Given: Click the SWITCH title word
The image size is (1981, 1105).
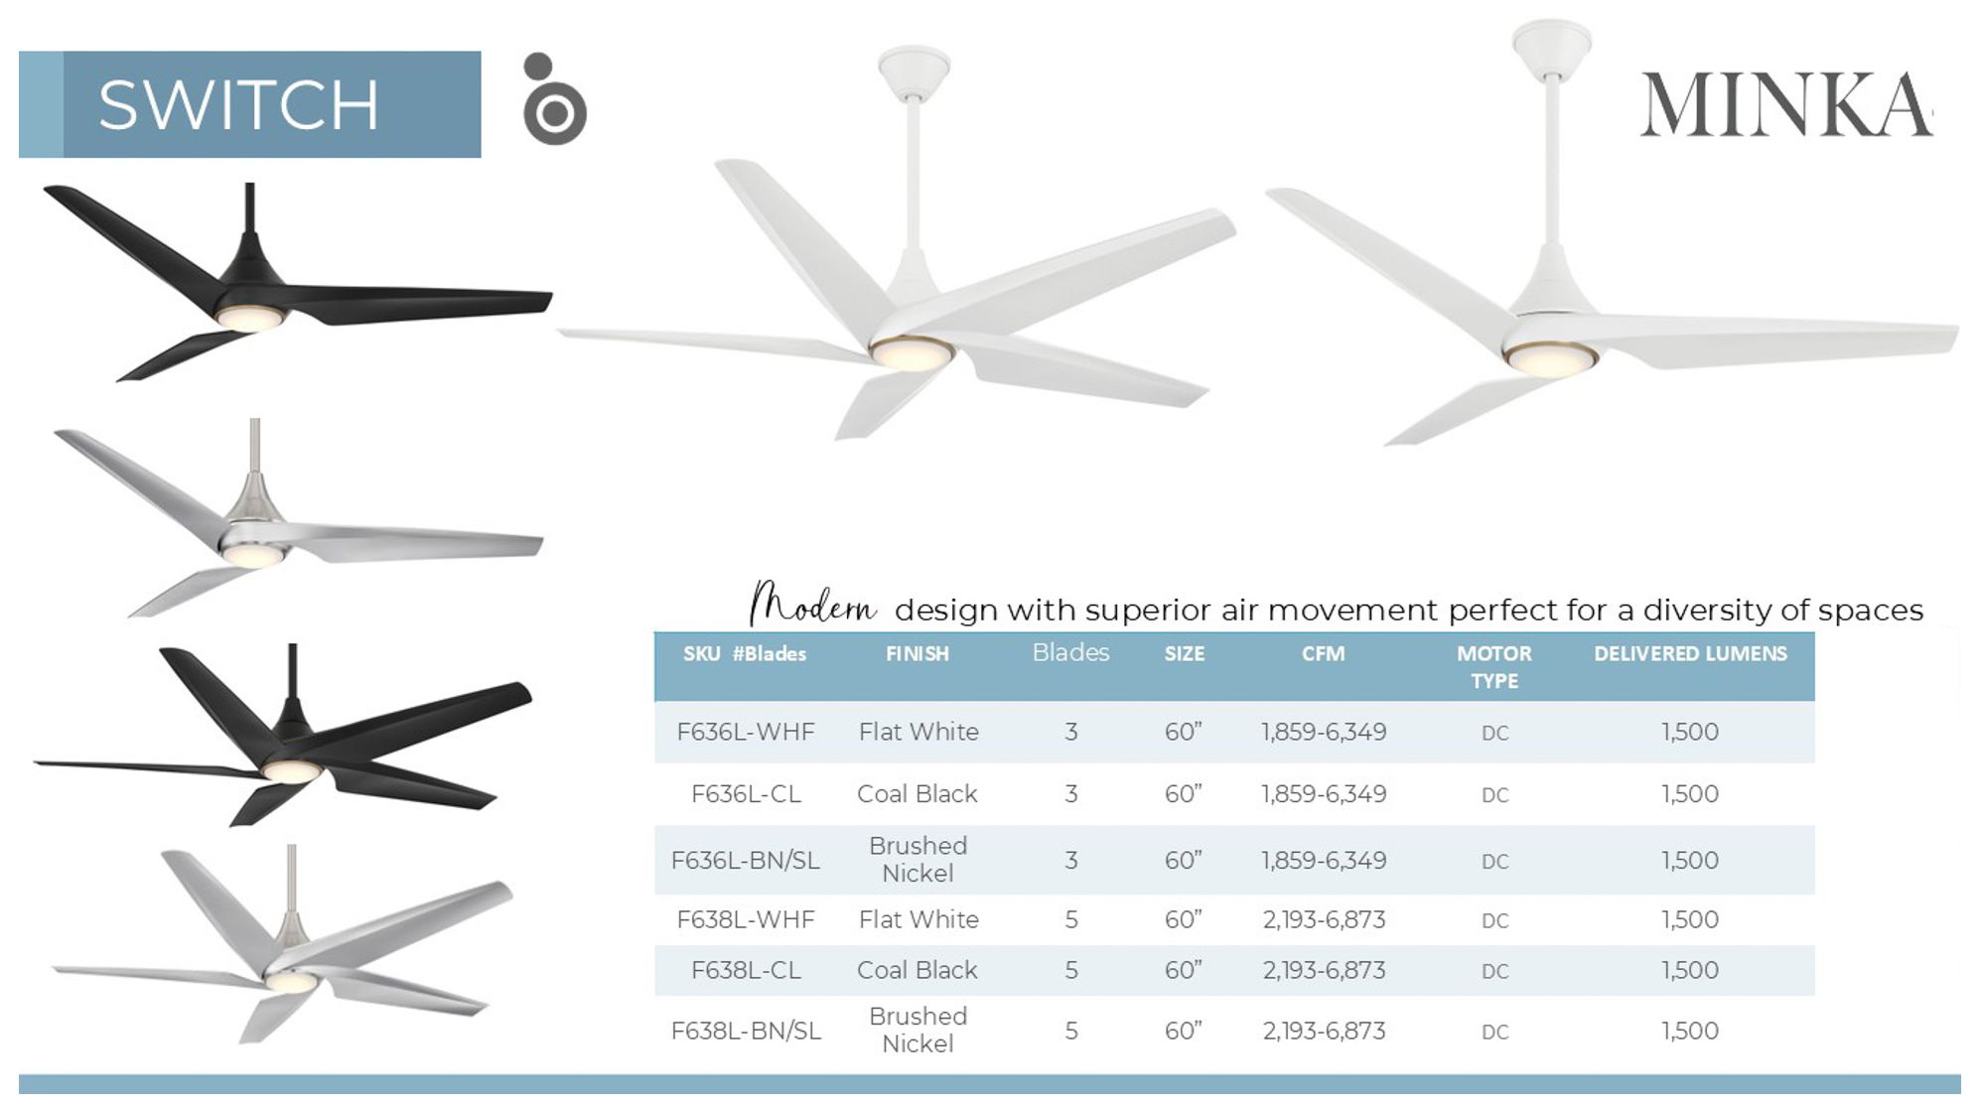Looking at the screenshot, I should pos(238,104).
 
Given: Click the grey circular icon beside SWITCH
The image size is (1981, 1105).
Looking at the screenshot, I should pos(554,101).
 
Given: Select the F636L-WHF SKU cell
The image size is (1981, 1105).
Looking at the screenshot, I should pos(745,732).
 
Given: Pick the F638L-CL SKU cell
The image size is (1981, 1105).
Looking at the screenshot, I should pos(745,970).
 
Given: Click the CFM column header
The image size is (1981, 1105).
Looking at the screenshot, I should pos(1323,653).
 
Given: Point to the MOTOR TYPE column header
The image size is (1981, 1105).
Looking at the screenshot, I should pos(1493,666).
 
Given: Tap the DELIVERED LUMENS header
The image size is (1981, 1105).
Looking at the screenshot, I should pos(1690,653).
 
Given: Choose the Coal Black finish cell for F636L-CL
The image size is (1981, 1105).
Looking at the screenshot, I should pos(917,794).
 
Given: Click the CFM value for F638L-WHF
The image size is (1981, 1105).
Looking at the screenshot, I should pos(1324,919).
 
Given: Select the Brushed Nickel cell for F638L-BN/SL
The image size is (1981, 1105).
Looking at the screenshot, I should pos(917,1030).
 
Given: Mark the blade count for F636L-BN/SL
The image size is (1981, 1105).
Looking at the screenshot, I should pos(1070,860).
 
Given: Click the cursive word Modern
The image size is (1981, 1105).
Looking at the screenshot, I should pos(812,604).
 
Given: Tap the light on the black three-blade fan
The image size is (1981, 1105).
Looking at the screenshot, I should pos(250,318).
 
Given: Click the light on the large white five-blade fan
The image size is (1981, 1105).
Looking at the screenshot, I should pos(911,353).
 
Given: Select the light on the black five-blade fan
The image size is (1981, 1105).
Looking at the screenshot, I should pos(291,771).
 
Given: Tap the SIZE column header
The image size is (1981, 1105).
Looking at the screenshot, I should pos(1184,653).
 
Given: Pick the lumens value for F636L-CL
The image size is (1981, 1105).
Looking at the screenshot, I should pos(1689,794).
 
